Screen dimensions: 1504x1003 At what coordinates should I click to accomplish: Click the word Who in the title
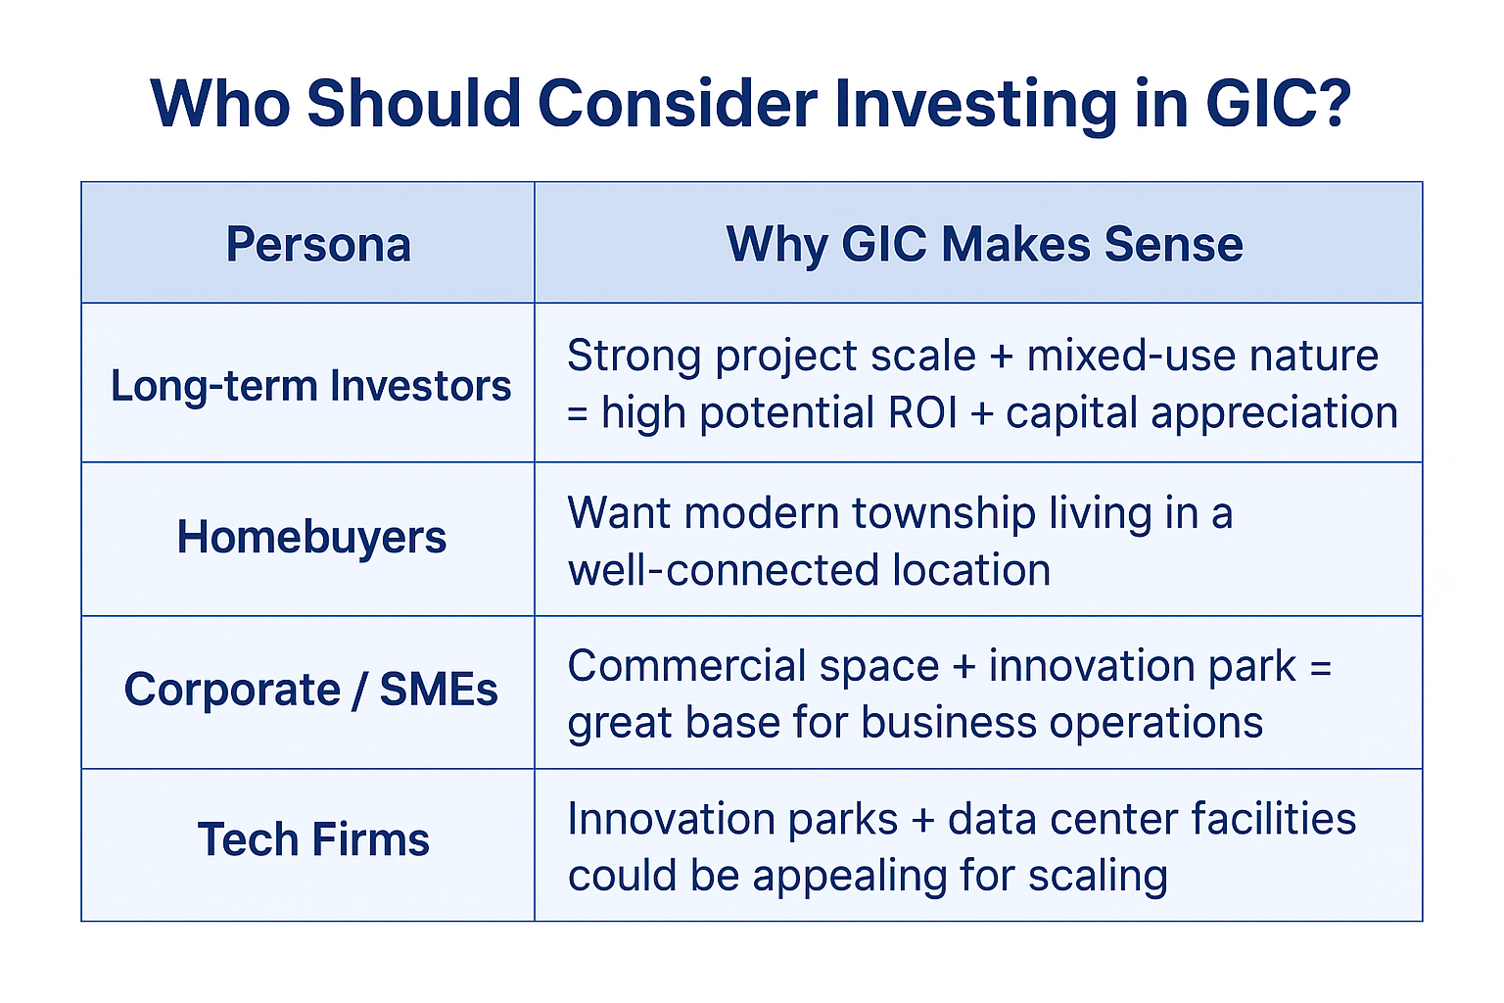click(221, 104)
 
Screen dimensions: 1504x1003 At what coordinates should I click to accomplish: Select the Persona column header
click(318, 244)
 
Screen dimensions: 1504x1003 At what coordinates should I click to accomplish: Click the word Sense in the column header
click(1173, 244)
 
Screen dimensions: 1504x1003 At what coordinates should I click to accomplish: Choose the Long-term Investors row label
click(310, 386)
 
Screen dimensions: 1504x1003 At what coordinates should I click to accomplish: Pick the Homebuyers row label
click(311, 538)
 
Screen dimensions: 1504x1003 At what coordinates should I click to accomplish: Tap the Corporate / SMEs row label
click(310, 690)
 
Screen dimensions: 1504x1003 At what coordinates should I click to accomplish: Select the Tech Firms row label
click(313, 839)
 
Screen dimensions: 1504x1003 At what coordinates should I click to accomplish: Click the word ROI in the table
click(922, 412)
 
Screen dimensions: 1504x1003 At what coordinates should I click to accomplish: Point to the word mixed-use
click(1131, 356)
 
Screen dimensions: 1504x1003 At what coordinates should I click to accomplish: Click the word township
click(944, 514)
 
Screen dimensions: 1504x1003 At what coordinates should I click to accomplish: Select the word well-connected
click(724, 571)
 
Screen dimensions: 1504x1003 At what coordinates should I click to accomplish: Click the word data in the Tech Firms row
click(995, 820)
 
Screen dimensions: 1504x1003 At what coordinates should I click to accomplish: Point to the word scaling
click(1098, 877)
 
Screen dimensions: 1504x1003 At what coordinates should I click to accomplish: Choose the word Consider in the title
click(678, 104)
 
